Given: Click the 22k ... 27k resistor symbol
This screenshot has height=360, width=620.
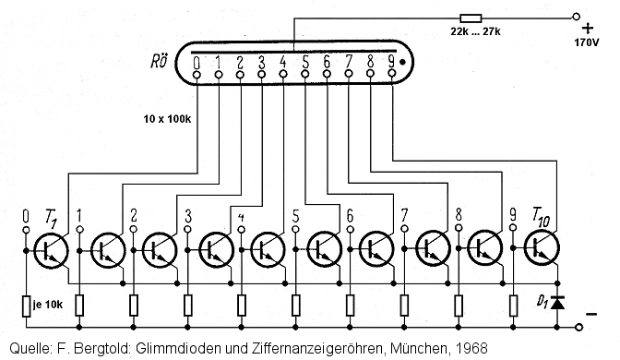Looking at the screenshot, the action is point(471,18).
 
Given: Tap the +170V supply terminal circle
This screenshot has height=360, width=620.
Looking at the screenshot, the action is point(576,17).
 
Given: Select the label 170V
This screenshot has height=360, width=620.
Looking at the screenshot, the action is point(587,42).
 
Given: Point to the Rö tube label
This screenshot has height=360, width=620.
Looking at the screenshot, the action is point(159,61).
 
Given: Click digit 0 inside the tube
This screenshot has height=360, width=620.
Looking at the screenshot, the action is point(197,63).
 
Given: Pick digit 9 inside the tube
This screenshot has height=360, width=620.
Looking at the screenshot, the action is point(391,61).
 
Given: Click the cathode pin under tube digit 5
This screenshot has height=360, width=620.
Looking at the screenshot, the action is point(305,74).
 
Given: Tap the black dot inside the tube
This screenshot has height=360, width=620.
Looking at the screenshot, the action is point(402,62).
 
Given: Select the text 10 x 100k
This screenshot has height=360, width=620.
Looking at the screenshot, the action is point(167,119).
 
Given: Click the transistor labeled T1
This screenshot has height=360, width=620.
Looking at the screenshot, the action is point(51,250).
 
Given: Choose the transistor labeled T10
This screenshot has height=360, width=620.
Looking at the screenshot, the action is point(542,248).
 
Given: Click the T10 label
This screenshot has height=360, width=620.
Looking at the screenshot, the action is point(541,218).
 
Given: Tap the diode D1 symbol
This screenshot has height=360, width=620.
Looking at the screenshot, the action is point(557,303).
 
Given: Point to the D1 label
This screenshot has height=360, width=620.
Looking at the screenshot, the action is point(542,302).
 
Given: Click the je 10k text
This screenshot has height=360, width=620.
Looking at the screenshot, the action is point(47,305).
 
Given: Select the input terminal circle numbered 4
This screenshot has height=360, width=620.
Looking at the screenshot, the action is point(242,230).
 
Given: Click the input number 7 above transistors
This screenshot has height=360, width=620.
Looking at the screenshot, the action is point(404,216).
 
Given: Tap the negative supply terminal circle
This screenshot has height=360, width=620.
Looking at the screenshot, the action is point(578,327).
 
